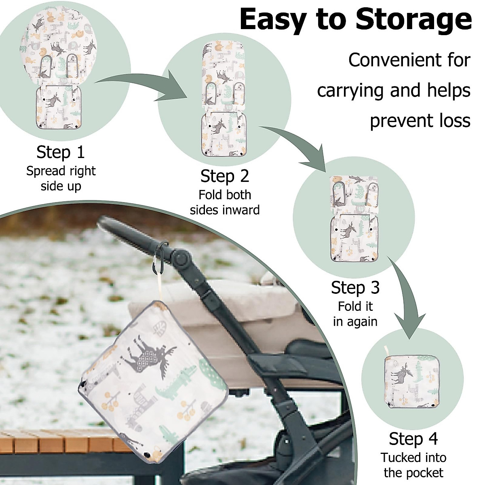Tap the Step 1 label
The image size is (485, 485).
point(61,152)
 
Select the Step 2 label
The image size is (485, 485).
point(225,177)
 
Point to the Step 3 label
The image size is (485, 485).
point(355,288)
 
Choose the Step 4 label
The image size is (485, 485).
point(413,439)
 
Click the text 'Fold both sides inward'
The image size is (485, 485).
point(225,202)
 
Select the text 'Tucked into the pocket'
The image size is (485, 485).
point(413,465)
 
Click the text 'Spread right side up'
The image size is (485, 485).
point(61,178)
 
